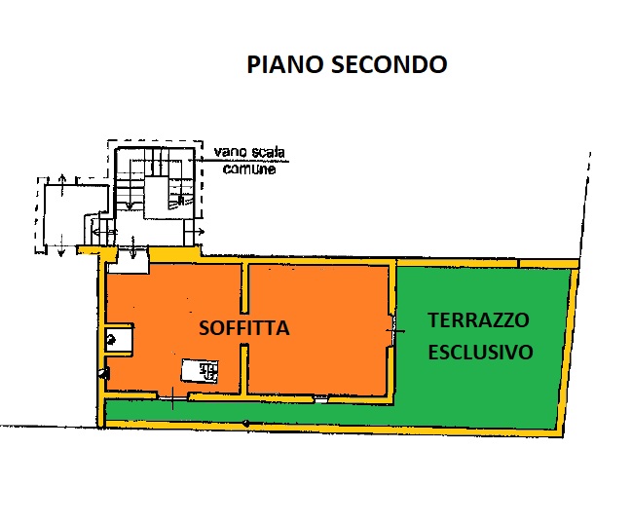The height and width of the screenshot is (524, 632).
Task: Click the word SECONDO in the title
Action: [389, 64]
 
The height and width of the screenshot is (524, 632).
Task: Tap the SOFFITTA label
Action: [244, 327]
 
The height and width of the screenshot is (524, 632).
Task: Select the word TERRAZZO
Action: [478, 320]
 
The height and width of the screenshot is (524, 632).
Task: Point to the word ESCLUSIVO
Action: [480, 353]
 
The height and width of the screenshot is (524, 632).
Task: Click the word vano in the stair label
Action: [230, 152]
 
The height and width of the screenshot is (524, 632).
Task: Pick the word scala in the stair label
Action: [268, 152]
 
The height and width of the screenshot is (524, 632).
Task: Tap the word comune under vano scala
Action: [249, 168]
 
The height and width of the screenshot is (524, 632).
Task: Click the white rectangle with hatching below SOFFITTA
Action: [200, 370]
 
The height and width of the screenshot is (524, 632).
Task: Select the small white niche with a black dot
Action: [119, 339]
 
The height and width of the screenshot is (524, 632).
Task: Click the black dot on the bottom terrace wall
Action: [245, 424]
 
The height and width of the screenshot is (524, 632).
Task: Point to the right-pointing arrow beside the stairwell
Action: [199, 232]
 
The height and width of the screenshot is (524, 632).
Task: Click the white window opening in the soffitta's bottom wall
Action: [321, 400]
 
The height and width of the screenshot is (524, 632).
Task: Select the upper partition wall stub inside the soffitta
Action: [244, 287]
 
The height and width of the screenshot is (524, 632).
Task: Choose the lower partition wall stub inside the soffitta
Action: [244, 369]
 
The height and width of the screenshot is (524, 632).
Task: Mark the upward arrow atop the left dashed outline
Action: [61, 185]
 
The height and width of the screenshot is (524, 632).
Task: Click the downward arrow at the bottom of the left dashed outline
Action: [60, 244]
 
